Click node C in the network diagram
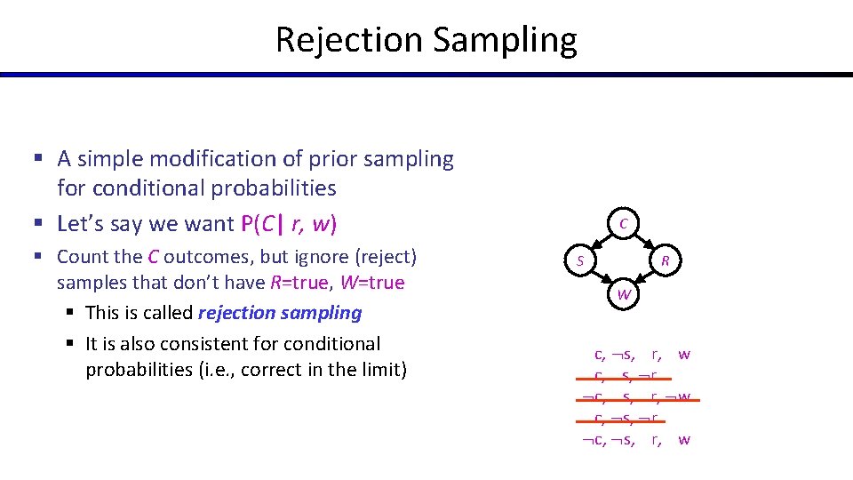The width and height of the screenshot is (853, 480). point(624,224)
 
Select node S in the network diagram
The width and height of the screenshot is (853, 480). point(579,260)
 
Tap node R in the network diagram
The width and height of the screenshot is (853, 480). point(665,260)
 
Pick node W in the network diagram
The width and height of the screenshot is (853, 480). point(624,294)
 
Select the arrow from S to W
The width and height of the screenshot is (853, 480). point(601,277)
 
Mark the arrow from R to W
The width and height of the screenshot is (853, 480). point(645,277)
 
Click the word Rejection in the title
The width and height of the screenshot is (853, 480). point(350,40)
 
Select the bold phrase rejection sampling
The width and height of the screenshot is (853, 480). point(280,313)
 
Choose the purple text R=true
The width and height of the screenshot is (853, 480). point(303,283)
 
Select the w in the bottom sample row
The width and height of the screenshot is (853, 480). point(684,440)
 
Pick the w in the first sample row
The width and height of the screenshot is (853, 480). point(684,355)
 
